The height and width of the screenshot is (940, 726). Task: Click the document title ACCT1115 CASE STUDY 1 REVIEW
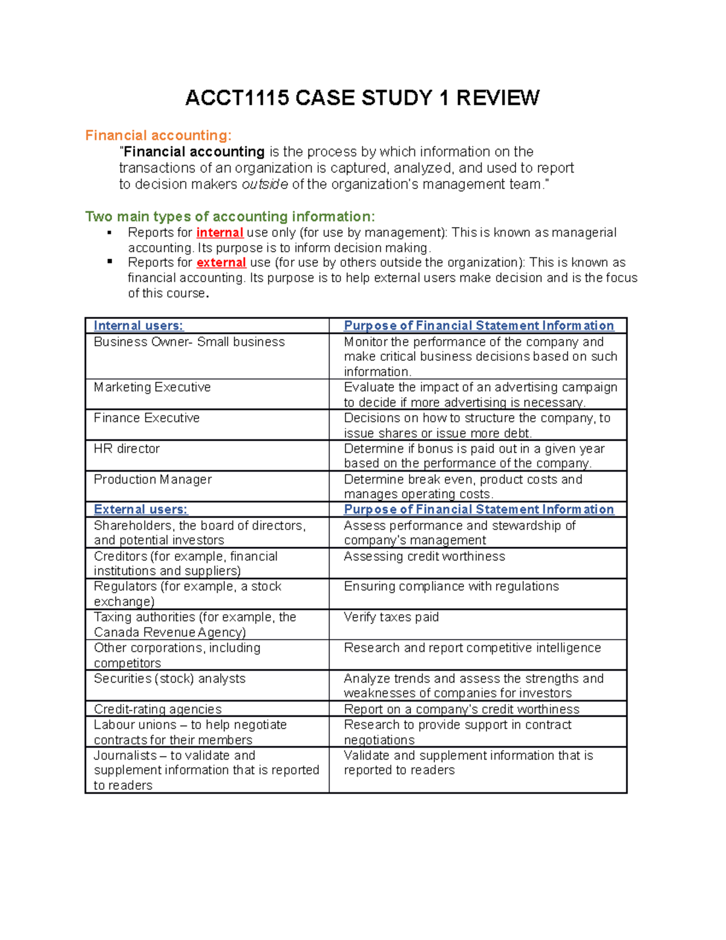pos(362,98)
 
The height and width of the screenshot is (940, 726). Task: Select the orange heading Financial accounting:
pos(158,136)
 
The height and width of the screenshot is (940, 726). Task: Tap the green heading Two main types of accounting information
pos(230,217)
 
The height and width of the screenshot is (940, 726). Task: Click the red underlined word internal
pos(220,233)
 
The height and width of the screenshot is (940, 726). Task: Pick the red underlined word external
pos(221,263)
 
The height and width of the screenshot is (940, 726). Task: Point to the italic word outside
pos(264,185)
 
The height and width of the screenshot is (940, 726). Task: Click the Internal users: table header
pos(139,326)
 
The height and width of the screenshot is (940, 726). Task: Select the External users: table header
pos(140,510)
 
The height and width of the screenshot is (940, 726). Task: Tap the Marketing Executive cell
pos(152,387)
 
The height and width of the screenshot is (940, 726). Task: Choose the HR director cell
pos(127,449)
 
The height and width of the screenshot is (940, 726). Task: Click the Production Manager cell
pos(153,479)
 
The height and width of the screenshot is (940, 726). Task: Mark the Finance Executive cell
pos(147,418)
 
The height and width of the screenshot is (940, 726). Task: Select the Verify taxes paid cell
pos(391,617)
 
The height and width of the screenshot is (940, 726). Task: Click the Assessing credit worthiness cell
pos(424,557)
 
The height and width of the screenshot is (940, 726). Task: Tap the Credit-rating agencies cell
pos(158,709)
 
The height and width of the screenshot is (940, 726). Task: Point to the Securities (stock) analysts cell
pos(169,679)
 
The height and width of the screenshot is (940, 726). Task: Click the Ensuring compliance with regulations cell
pos(451,587)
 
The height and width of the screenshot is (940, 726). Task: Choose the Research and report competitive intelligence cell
pos(472,648)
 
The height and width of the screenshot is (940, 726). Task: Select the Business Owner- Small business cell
pos(189,342)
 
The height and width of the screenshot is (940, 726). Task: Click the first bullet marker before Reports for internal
pos(110,232)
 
